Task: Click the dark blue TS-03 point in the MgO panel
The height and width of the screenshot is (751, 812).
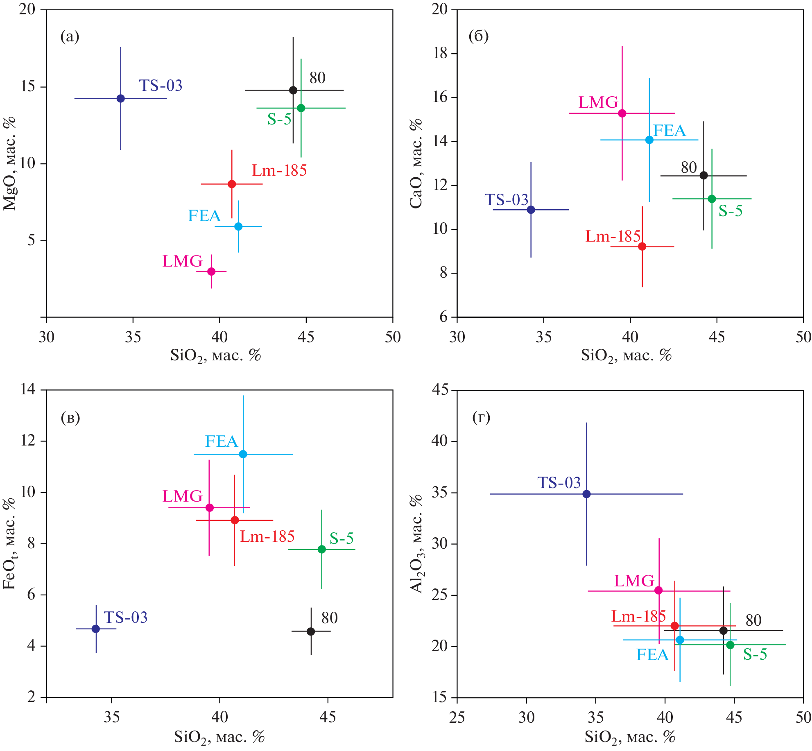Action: coord(120,98)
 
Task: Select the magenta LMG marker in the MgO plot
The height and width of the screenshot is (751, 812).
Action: coord(211,271)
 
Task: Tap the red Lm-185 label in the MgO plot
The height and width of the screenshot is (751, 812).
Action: coord(279,170)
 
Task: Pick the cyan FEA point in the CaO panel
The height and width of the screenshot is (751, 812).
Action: coord(649,140)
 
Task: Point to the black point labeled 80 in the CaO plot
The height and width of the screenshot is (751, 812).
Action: coord(703,176)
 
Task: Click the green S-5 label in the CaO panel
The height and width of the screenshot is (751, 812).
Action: coord(731,211)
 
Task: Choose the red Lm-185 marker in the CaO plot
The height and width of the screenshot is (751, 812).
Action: coord(642,247)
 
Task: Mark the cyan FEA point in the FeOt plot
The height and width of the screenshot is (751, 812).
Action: coord(243,454)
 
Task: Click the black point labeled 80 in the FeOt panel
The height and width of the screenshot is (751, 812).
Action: coord(311,631)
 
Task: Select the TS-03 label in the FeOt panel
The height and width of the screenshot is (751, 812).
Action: coord(125,618)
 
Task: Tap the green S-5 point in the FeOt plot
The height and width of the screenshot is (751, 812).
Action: coord(322,549)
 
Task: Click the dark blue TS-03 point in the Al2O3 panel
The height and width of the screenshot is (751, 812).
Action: coord(586,494)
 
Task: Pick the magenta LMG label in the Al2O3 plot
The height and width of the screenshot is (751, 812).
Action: coord(634,581)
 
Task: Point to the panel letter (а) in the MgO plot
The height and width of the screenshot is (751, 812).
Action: coord(70,36)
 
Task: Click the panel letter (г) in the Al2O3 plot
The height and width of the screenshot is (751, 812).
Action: coord(481,418)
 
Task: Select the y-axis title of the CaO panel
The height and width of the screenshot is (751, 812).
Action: coord(416,164)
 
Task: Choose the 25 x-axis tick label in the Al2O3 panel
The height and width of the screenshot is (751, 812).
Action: coord(457,717)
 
